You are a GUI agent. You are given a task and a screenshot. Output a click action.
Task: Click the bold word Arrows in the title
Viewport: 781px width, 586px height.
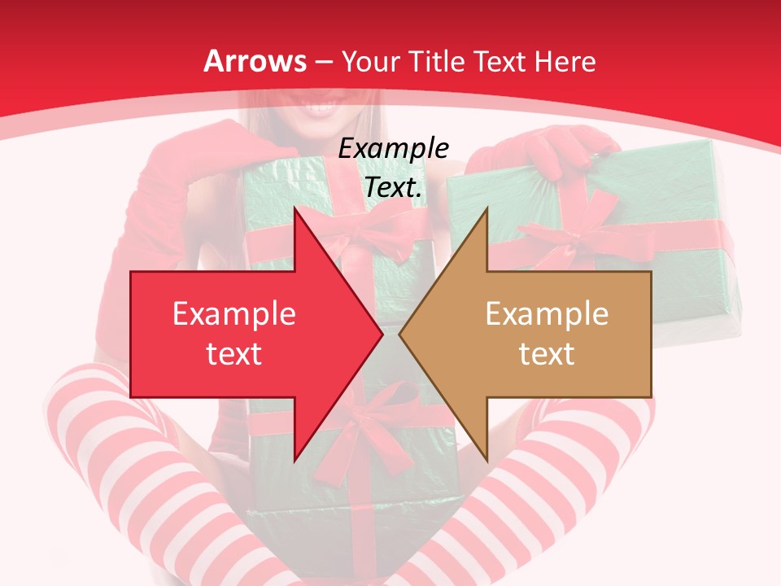(x=255, y=61)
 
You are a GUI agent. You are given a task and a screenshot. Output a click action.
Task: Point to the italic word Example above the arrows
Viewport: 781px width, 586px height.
(x=393, y=148)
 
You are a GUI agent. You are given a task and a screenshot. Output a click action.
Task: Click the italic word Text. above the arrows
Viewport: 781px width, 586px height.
(x=393, y=187)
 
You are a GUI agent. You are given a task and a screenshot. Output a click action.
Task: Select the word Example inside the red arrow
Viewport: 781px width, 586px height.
(x=233, y=314)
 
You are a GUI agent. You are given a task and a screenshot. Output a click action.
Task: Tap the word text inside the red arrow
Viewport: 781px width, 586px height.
(x=233, y=353)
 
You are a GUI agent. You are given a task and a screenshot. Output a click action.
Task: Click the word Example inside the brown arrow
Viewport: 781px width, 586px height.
(x=547, y=314)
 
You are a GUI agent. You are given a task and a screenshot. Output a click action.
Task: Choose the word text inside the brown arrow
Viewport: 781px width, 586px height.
(x=547, y=353)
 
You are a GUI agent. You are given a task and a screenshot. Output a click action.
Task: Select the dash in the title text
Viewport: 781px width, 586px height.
(x=324, y=62)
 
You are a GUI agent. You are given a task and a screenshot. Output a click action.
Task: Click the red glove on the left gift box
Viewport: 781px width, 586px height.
(x=244, y=146)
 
